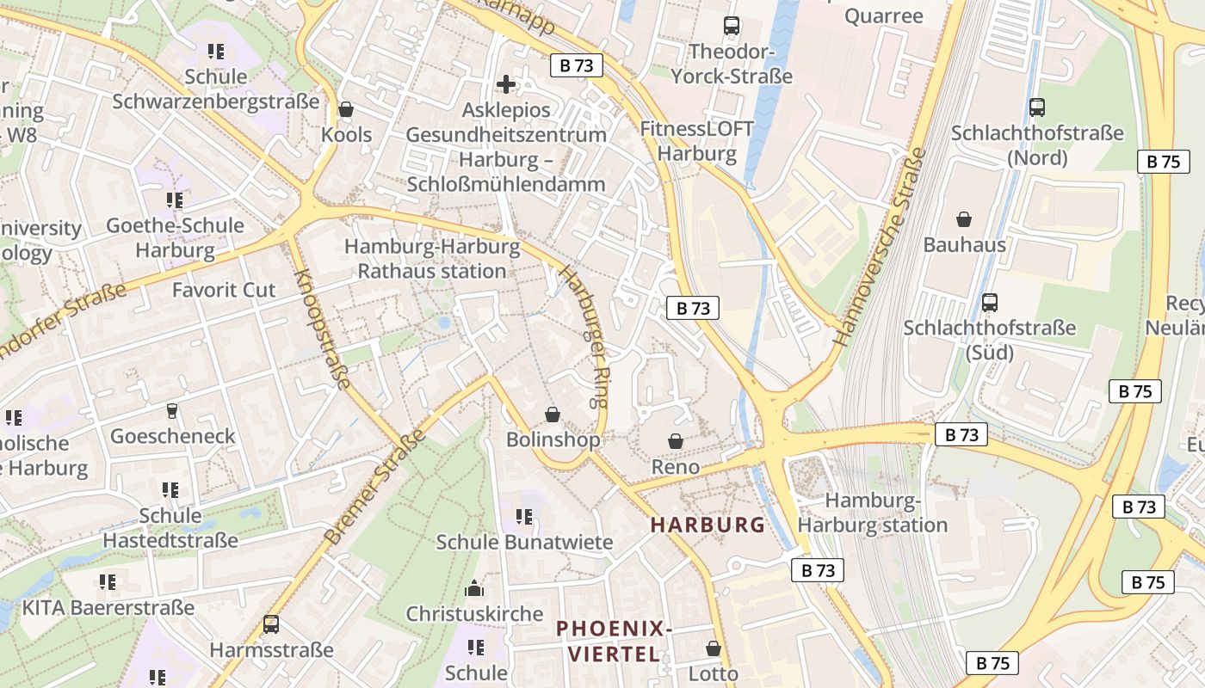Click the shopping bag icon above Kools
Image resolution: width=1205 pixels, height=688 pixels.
coord(346,109)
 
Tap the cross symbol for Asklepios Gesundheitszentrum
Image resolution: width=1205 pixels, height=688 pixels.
coord(506,84)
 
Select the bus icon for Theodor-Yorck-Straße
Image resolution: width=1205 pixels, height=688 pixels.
coord(732,26)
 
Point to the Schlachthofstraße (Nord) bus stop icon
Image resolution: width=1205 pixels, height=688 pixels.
coord(1037,107)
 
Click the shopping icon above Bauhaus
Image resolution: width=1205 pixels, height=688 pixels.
coord(964,219)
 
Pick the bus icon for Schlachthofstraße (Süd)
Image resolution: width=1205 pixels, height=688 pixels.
coord(990,302)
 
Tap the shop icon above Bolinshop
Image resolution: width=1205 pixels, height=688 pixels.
coord(553,415)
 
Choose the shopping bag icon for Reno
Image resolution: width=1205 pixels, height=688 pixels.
coord(677,441)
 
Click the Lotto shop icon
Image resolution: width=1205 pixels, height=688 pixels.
coord(714,648)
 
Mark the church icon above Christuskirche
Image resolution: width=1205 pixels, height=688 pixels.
coord(474,589)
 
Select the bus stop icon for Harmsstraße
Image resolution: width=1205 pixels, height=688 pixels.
coord(271,624)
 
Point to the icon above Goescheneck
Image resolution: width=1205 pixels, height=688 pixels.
coord(172,411)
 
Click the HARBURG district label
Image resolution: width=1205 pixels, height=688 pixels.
coord(708,525)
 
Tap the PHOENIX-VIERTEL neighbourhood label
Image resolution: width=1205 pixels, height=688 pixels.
coord(613,642)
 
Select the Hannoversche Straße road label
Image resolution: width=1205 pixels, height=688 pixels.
coord(880,247)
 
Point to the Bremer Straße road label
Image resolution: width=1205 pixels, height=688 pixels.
coord(375,487)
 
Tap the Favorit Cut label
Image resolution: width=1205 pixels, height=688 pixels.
coord(224,290)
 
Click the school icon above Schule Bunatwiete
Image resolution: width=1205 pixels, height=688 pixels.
coord(524,517)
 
